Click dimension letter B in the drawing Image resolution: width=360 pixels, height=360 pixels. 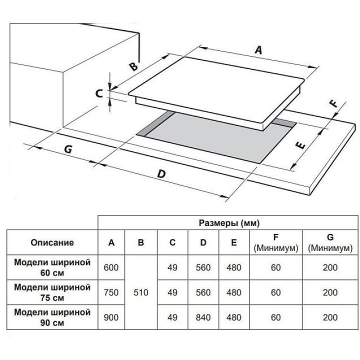(x=132, y=67)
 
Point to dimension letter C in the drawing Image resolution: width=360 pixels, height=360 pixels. (x=99, y=93)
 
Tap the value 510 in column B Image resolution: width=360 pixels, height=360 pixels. (x=141, y=292)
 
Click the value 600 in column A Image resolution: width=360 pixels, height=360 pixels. (x=111, y=267)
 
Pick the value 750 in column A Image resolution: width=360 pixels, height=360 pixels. (x=111, y=292)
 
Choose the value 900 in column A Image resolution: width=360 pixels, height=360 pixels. (x=111, y=317)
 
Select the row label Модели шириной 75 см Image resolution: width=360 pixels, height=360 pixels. (x=52, y=292)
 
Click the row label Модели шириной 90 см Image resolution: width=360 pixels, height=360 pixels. (x=52, y=317)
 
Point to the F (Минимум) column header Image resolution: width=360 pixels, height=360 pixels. (x=275, y=243)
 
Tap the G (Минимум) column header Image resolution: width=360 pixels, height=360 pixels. (x=330, y=243)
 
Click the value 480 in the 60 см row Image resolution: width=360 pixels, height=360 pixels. (x=234, y=267)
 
